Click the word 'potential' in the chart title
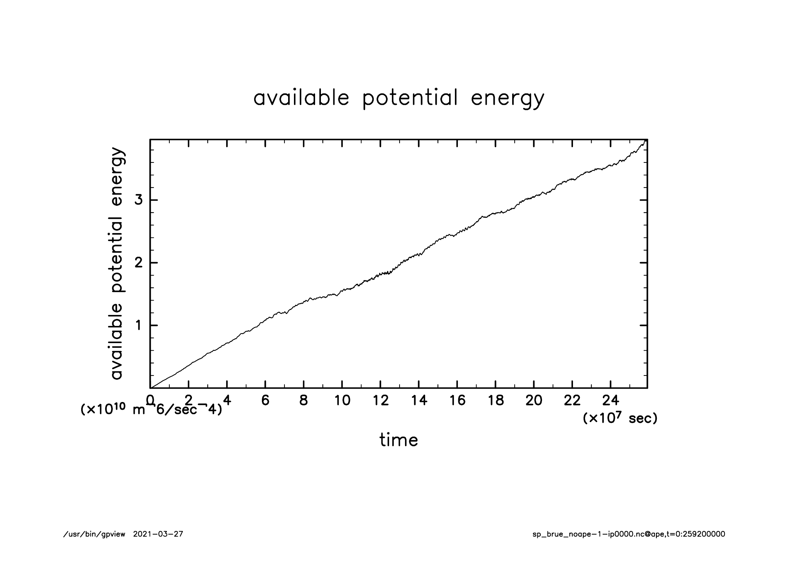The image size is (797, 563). [x=410, y=98]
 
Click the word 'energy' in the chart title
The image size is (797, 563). [x=507, y=98]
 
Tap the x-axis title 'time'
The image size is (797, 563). [x=398, y=440]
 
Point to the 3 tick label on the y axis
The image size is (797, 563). [x=139, y=200]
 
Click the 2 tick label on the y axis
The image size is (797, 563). [x=139, y=263]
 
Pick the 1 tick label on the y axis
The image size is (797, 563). [x=139, y=326]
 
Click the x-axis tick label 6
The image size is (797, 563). [x=265, y=401]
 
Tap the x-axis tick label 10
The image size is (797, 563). [x=342, y=401]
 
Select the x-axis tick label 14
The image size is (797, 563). [x=419, y=401]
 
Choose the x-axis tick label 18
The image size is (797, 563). [x=495, y=401]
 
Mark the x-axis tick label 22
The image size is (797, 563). [x=572, y=401]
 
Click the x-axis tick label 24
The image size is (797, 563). [x=610, y=401]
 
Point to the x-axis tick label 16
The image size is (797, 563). [x=457, y=401]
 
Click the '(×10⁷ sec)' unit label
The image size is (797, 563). [x=620, y=418]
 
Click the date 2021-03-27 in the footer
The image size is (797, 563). [x=158, y=534]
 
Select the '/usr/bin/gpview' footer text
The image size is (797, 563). [x=94, y=534]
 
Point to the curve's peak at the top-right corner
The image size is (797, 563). [x=645, y=141]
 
